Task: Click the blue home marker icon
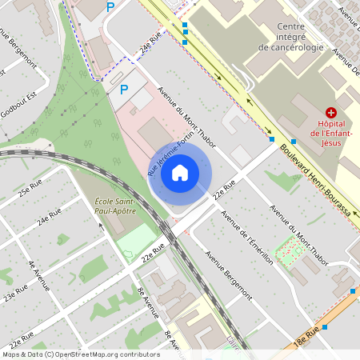180,173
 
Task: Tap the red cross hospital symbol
331,114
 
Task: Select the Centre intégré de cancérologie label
291,37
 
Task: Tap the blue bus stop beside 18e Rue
353,291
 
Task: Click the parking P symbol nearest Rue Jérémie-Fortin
124,90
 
